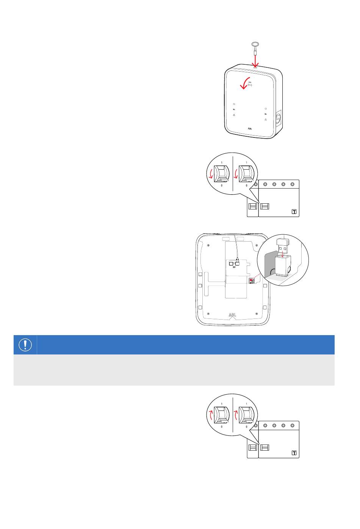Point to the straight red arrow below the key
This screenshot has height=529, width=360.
[255, 61]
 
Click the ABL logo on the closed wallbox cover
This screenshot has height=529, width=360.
[250, 129]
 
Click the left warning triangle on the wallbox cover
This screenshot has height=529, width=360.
[234, 115]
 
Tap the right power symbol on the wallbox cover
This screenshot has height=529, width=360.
[266, 109]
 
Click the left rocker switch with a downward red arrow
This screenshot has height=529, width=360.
[221, 174]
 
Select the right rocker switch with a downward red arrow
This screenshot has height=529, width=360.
[246, 174]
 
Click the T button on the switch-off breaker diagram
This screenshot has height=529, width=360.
[294, 212]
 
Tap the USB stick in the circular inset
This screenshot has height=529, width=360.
[283, 246]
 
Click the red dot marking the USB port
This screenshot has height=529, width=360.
[251, 280]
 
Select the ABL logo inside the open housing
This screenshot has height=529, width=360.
[232, 315]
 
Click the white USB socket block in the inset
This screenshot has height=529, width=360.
[283, 266]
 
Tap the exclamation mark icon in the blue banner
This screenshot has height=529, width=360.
[25, 345]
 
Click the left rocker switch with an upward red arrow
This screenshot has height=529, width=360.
[221, 415]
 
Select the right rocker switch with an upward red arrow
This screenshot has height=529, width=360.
[246, 415]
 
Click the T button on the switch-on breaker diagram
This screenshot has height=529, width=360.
[294, 453]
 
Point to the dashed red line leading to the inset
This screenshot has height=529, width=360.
[256, 277]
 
